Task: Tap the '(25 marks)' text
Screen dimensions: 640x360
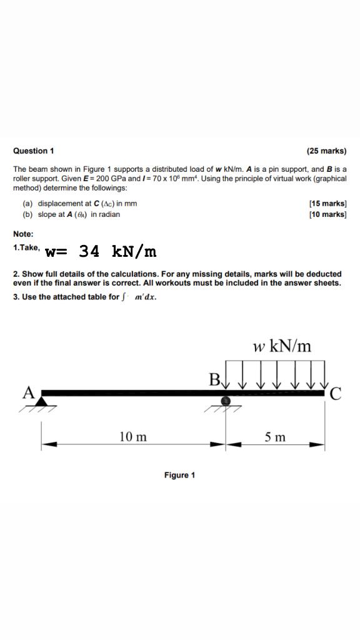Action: coord(326,151)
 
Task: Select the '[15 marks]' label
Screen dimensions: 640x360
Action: coord(328,204)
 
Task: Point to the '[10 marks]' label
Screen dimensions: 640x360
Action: coord(328,214)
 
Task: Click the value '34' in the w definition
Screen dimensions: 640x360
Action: coord(89,251)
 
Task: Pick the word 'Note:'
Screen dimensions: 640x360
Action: coord(23,234)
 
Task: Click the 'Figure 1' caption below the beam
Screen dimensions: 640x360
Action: coord(179,476)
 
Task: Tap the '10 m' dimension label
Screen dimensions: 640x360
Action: coord(132,437)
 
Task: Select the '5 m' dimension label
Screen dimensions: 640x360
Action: coord(275,437)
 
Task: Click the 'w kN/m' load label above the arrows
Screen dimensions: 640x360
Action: coord(281,346)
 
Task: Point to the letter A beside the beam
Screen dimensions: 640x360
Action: coord(28,392)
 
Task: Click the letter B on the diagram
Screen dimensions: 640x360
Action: coord(214,379)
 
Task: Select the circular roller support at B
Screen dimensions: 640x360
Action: coord(226,401)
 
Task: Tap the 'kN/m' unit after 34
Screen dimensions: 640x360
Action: coord(134,251)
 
